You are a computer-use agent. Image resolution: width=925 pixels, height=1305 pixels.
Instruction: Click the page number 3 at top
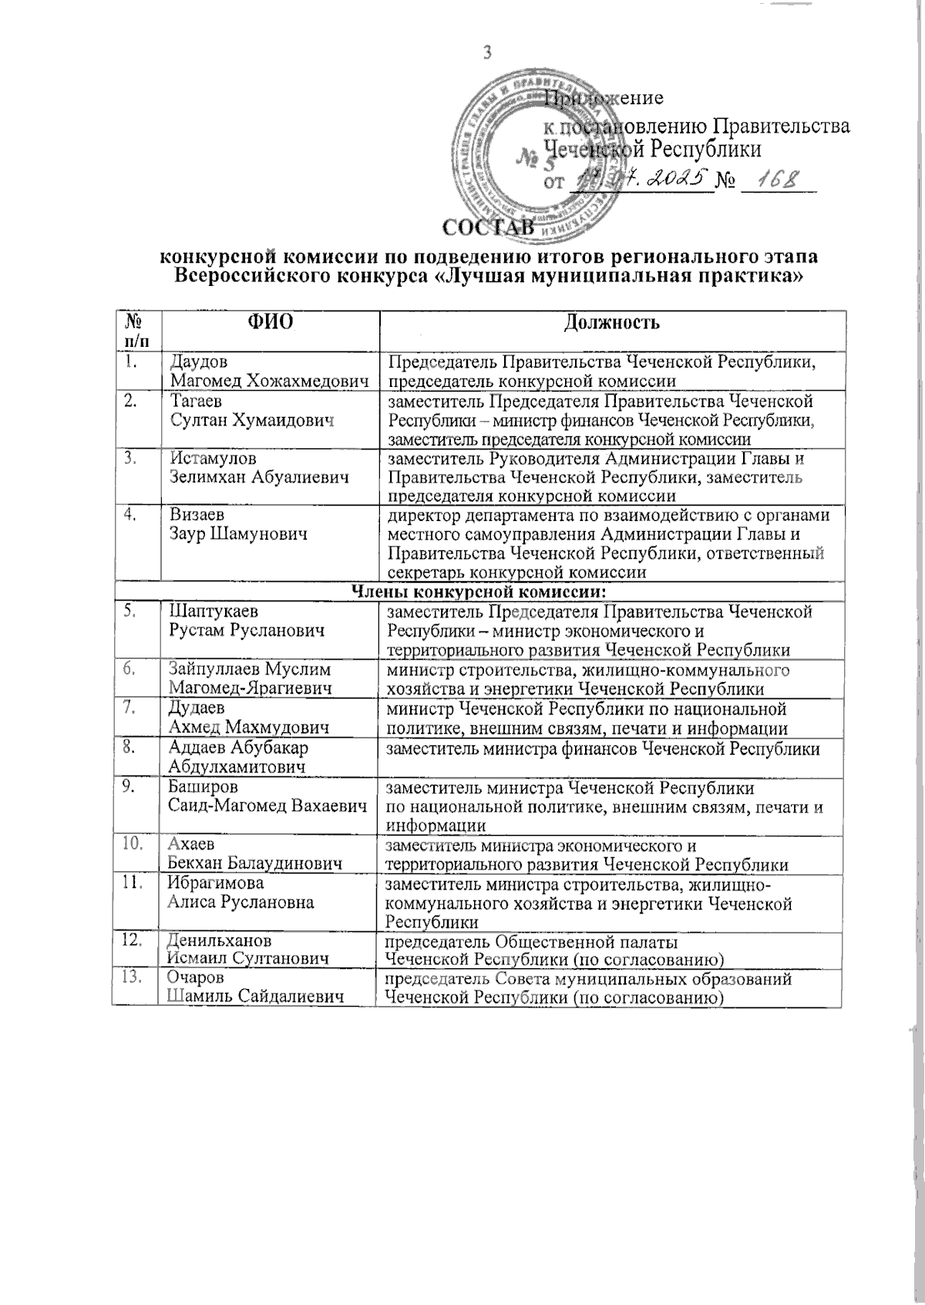(x=487, y=52)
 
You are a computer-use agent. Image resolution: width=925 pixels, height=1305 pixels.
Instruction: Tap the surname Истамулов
(x=208, y=459)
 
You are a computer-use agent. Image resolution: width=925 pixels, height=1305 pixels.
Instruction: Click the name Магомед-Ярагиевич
(x=251, y=688)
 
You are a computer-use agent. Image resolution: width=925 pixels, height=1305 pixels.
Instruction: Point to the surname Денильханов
(x=220, y=940)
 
